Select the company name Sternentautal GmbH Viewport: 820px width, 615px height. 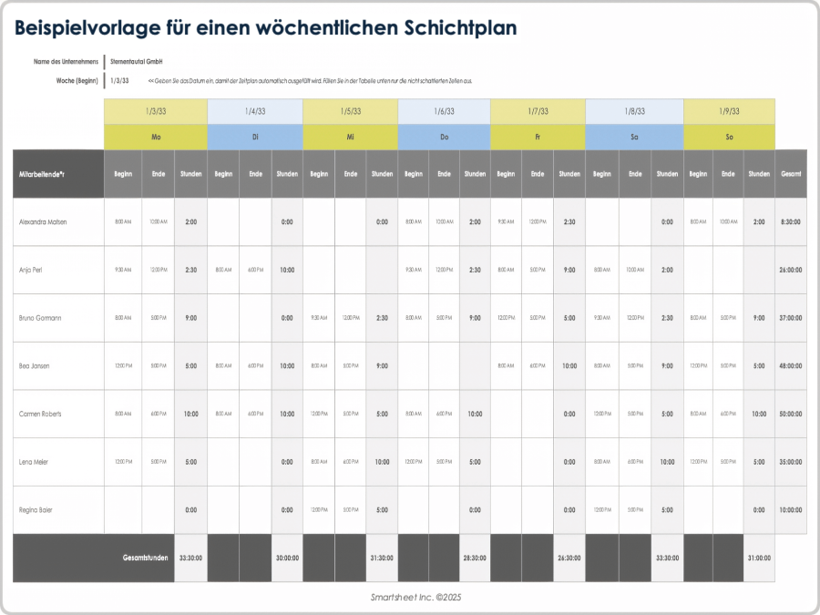(136, 61)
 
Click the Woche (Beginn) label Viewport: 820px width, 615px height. (77, 80)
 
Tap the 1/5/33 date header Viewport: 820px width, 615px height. (350, 111)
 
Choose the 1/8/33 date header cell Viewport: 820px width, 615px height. (634, 111)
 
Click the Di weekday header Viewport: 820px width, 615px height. (255, 137)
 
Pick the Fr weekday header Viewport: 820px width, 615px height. (538, 137)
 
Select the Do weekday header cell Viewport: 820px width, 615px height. (444, 137)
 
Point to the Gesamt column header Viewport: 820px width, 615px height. (791, 173)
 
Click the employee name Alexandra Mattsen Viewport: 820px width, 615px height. (43, 221)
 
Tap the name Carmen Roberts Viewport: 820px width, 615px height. (40, 414)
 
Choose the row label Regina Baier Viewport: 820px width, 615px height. (36, 510)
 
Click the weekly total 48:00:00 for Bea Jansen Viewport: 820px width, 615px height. (791, 366)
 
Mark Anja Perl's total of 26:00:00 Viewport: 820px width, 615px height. (791, 270)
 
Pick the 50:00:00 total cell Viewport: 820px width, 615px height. (791, 414)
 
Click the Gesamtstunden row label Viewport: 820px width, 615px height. (146, 558)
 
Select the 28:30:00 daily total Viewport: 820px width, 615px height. (475, 558)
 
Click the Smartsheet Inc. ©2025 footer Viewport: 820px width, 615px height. (410, 597)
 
